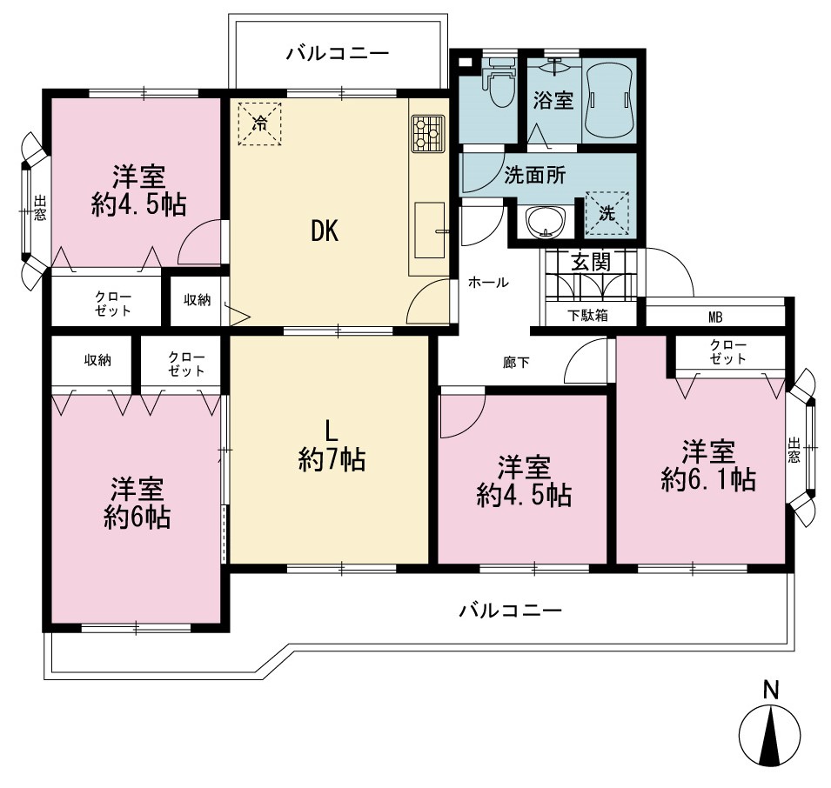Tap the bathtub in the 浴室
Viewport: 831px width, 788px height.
[x=609, y=99]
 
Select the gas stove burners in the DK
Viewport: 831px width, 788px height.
[x=427, y=134]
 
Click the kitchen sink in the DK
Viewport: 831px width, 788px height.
[x=429, y=230]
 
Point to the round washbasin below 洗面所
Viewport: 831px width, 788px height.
[x=545, y=222]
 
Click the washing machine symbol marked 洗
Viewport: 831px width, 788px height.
[x=606, y=213]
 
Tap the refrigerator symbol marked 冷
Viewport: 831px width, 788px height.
[x=259, y=124]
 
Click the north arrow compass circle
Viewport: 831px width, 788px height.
[x=770, y=735]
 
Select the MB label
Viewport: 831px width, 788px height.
[x=715, y=317]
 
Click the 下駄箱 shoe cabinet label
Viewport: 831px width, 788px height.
[x=587, y=316]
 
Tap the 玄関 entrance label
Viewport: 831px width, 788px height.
[x=591, y=262]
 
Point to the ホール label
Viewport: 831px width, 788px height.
[x=488, y=283]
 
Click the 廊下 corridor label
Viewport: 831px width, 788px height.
[x=516, y=363]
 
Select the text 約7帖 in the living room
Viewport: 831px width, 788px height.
[x=332, y=459]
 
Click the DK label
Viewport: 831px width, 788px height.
[x=325, y=230]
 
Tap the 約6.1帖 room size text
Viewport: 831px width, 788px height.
[x=708, y=479]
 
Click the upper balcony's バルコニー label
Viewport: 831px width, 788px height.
[x=338, y=53]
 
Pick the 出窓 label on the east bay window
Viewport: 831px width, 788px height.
[x=794, y=450]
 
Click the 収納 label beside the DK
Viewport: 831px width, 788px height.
[x=198, y=300]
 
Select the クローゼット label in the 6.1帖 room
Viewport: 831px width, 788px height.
[x=728, y=352]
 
